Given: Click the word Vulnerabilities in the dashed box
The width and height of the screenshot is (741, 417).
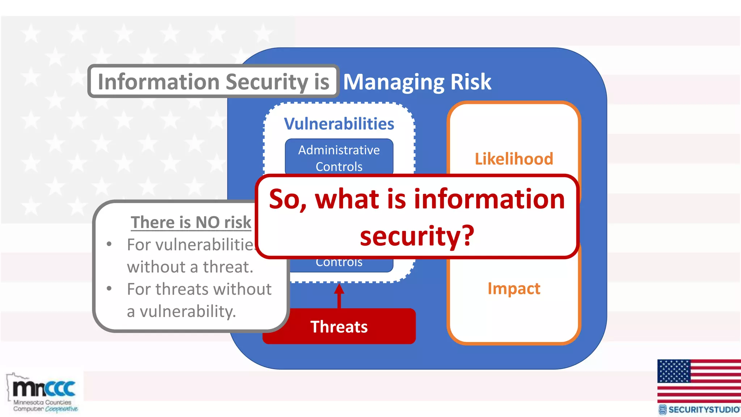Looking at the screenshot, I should [x=339, y=124].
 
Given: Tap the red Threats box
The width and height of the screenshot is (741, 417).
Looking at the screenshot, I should [x=339, y=327].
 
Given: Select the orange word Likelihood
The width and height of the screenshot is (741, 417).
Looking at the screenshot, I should [x=514, y=159].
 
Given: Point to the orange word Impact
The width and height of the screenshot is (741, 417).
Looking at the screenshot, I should [x=514, y=288].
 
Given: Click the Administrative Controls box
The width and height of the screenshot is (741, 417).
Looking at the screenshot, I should [x=339, y=158].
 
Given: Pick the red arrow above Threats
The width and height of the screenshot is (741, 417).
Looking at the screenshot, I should [x=339, y=295].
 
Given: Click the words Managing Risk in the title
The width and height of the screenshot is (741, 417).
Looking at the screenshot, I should [x=417, y=82].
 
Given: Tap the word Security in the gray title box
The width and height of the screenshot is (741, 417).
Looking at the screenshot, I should [x=267, y=82].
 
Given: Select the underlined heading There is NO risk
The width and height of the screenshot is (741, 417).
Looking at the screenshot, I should [x=191, y=222].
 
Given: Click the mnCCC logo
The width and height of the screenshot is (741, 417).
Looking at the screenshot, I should [x=43, y=393].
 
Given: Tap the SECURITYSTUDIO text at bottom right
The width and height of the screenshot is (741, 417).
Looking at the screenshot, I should [x=703, y=410].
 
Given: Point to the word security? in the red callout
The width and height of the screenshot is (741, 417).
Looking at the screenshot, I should [x=417, y=236].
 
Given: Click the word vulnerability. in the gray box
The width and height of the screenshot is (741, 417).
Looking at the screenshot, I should [x=188, y=311].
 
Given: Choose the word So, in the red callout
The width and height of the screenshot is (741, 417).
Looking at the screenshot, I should [x=288, y=199].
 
